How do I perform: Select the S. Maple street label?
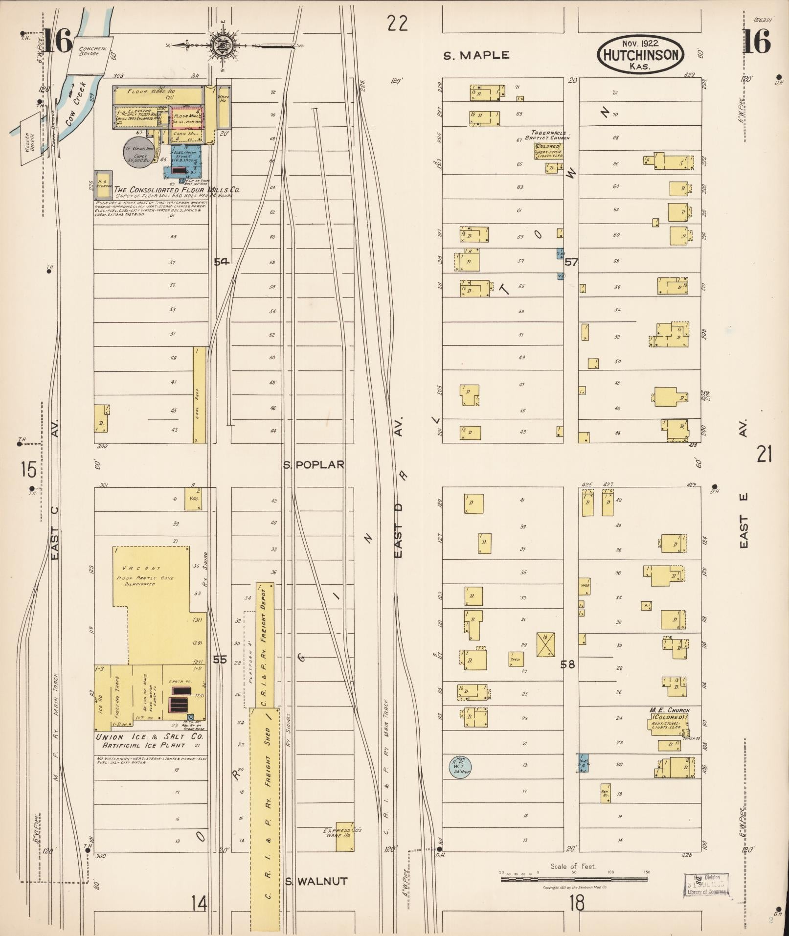476,55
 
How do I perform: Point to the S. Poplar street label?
315,465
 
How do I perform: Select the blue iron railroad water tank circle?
460,766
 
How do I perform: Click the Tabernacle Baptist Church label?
548,136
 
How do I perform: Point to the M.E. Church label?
669,710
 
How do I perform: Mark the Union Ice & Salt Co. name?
149,737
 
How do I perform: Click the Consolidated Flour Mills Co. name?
177,189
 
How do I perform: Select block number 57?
571,262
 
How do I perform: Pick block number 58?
568,664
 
